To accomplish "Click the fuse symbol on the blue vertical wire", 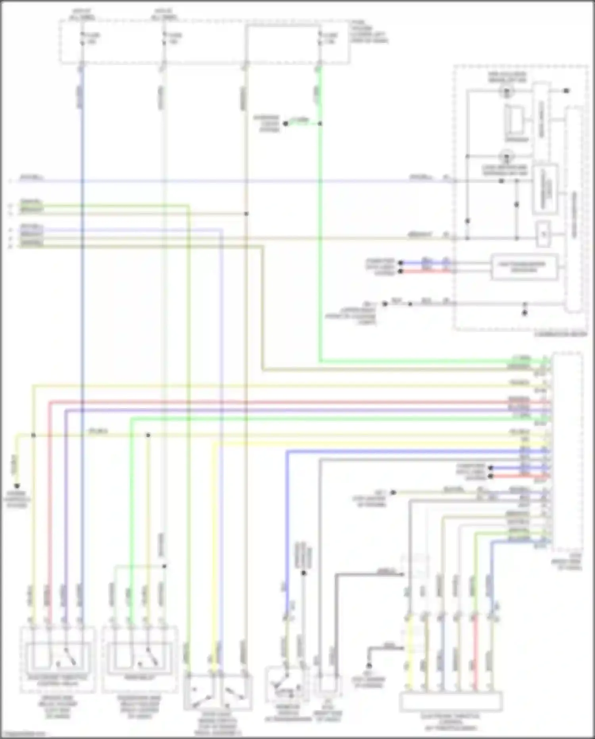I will (82, 38).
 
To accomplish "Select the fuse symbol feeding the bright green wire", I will (320, 38).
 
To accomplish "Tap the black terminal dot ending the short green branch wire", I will (285, 124).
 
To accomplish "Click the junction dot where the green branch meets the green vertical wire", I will (320, 124).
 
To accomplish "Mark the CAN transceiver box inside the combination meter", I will (524, 267).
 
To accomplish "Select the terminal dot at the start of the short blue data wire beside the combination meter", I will (401, 263).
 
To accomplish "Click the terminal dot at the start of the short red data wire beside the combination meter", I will (401, 271).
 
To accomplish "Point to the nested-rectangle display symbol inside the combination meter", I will (515, 121).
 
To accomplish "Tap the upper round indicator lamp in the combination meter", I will (507, 92).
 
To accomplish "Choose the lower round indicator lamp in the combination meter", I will (507, 156).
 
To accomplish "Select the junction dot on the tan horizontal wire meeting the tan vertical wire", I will (246, 214).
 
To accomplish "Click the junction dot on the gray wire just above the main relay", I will (164, 566).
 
